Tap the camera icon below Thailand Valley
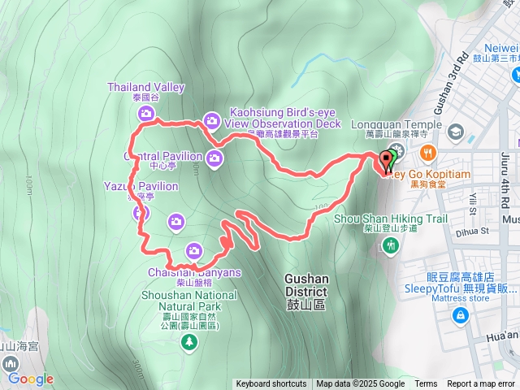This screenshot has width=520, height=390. pos(146,113)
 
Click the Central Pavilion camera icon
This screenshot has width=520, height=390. pos(214,158)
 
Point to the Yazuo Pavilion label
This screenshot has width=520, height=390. pos(141,187)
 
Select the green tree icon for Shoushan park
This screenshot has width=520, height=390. pos(189,343)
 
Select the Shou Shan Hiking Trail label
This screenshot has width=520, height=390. pos(391,219)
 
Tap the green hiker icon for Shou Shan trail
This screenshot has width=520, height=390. pos(392,245)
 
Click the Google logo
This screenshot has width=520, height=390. pos(31,379)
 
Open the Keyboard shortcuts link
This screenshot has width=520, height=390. pos(271,384)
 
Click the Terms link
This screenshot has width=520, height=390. pos(426,384)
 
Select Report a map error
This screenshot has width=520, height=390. pos(482,384)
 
